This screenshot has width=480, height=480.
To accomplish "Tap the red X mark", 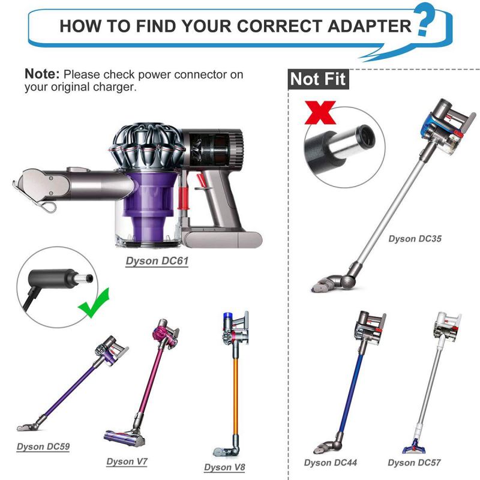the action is point(320,113).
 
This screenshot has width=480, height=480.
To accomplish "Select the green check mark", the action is point(94,304).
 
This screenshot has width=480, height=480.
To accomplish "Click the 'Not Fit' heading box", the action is point(319,79).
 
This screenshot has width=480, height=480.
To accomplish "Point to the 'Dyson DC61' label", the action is point(157,261).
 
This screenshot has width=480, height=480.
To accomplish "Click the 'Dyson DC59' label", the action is point(43,446).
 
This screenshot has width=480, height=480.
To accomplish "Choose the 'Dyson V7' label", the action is point(127,461).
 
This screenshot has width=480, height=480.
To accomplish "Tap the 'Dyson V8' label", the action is point(224,467).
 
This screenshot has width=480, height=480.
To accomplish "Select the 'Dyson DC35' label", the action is point(415,239).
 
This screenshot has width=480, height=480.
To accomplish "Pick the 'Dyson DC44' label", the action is point(331,463).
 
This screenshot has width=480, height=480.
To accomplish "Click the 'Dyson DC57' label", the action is point(414,463).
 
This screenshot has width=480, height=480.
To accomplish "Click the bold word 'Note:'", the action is point(42,74).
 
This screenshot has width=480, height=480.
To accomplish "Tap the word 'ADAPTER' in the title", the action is point(370,26).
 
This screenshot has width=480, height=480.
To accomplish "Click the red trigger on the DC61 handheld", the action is point(200,181).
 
